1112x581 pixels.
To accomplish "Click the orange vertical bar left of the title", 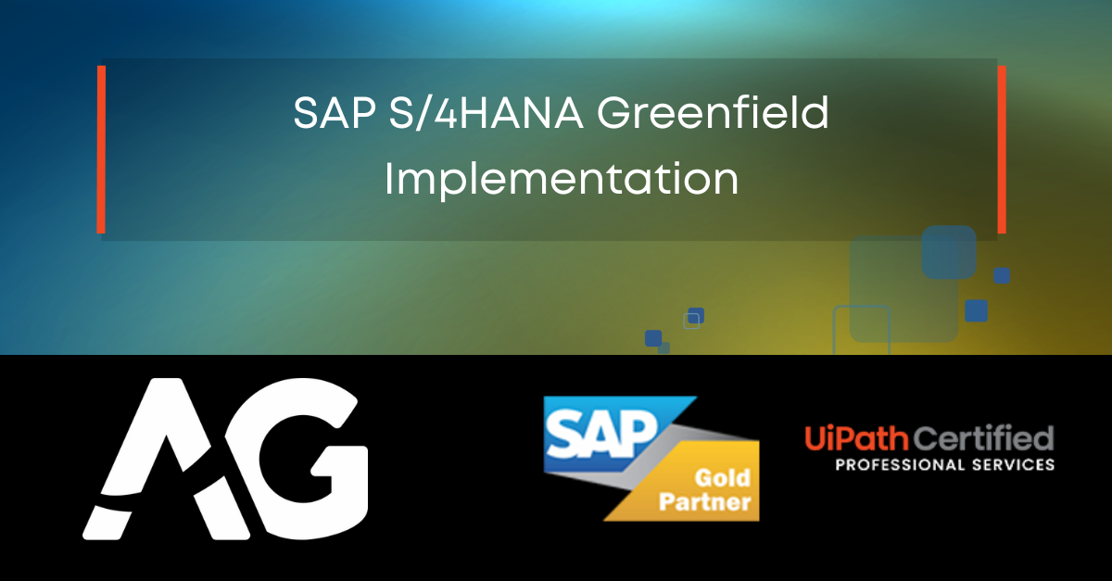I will pos(100,149).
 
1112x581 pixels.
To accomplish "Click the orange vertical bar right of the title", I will pos(1002,149).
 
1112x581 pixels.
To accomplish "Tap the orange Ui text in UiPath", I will pos(818,436).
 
